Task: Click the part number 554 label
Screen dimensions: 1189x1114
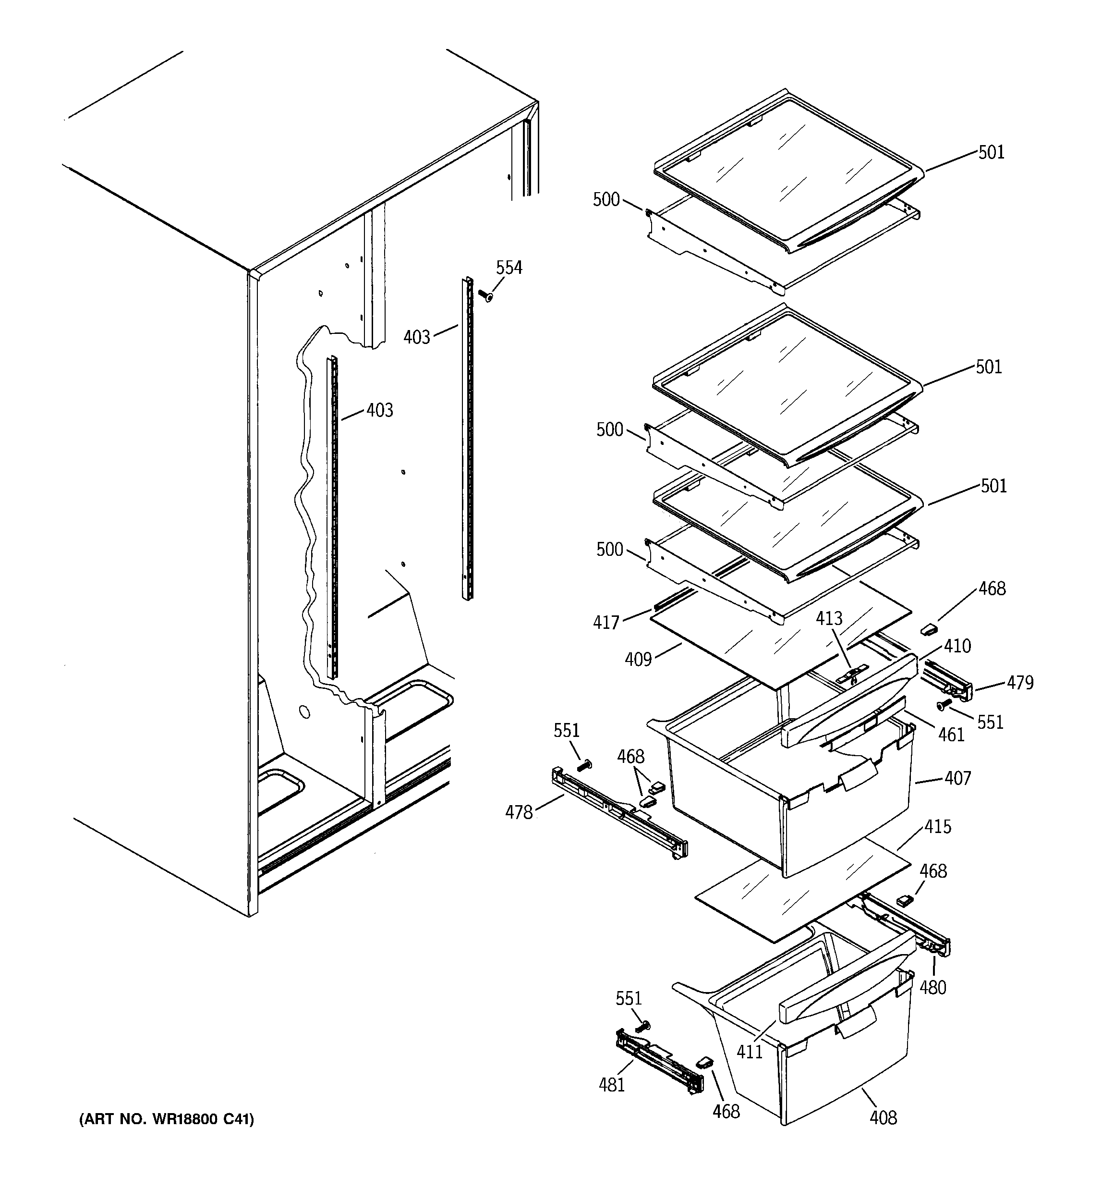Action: (509, 268)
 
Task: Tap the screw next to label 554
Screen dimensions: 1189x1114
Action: (485, 295)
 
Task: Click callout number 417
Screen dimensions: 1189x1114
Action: (605, 623)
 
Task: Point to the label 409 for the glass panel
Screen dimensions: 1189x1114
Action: (637, 659)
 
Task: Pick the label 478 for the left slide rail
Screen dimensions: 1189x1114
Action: (519, 812)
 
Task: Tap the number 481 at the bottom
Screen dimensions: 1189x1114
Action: (612, 1084)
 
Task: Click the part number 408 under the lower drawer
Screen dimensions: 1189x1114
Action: (883, 1117)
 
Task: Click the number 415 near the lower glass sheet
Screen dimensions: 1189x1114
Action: (937, 827)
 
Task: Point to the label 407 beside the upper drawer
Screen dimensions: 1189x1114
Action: (958, 778)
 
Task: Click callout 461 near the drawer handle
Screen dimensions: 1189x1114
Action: (951, 735)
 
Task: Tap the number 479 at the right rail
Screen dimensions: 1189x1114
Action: (1019, 683)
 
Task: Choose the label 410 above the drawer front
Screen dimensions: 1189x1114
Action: (957, 646)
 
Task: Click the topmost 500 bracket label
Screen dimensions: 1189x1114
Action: (605, 200)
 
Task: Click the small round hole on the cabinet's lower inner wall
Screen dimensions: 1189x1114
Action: (304, 712)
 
